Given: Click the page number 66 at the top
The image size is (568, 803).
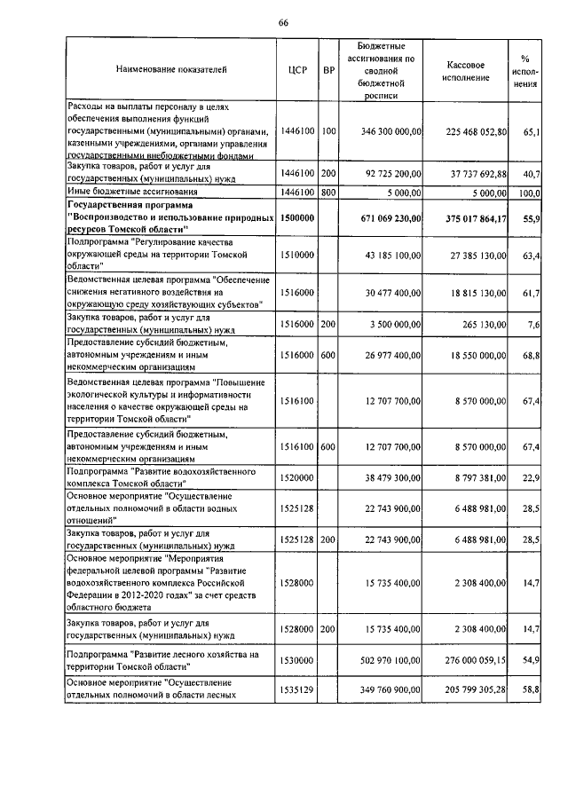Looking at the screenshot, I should click(x=283, y=22).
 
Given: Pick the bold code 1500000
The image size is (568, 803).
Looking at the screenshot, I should click(x=297, y=217).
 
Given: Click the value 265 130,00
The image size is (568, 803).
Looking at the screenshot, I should click(x=482, y=325).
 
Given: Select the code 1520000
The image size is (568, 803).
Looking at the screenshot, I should click(x=297, y=476).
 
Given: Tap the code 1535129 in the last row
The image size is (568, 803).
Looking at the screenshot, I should click(x=297, y=689).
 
